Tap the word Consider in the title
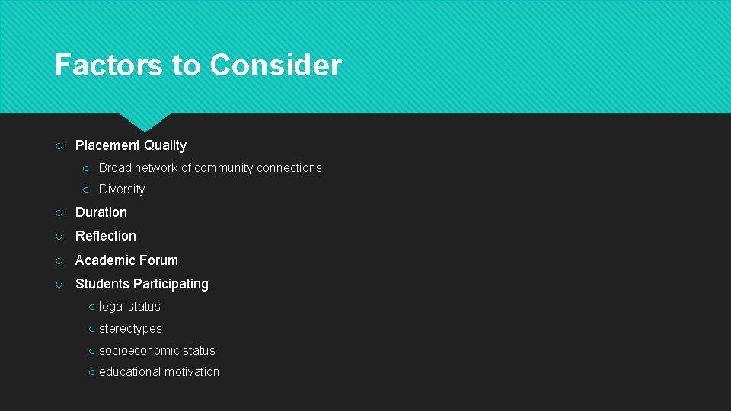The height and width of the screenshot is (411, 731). [x=276, y=65]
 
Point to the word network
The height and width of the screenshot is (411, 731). [x=157, y=168]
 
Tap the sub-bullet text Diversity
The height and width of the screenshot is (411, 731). [x=122, y=190]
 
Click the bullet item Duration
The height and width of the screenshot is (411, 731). [x=101, y=212]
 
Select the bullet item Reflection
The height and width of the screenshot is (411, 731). [x=106, y=236]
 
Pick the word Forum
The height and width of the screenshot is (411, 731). [x=158, y=260]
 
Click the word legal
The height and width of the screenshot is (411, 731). [x=112, y=307]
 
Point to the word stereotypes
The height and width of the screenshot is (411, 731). [x=130, y=329]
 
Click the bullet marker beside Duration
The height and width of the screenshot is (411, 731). [x=59, y=213]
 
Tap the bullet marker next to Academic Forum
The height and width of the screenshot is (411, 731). [x=59, y=261]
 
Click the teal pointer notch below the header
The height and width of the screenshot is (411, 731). [x=145, y=120]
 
